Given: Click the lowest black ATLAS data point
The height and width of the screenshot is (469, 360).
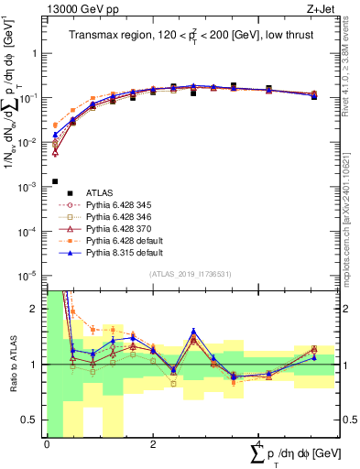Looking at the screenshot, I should (55, 181).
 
